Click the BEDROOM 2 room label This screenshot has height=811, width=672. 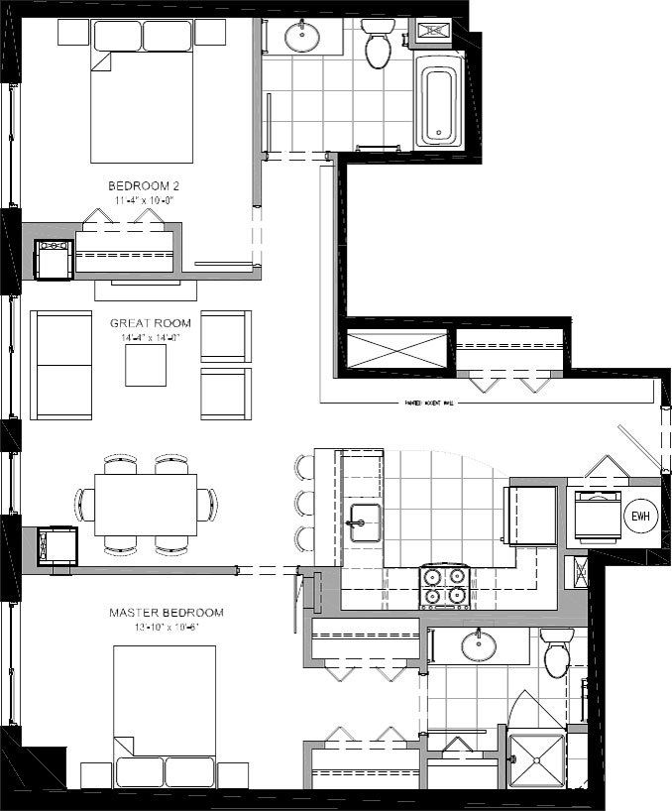tap(145, 185)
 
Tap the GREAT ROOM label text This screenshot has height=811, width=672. tap(145, 323)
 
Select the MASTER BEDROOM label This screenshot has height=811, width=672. tap(166, 613)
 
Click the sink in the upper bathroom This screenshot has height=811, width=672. tap(302, 38)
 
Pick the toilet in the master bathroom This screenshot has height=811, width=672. tap(556, 654)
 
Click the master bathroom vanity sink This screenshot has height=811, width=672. tap(478, 645)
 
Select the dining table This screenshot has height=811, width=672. tap(145, 504)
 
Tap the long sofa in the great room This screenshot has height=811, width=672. tap(61, 365)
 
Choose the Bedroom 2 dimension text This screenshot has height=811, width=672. tap(145, 200)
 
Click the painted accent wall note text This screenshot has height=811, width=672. tap(428, 404)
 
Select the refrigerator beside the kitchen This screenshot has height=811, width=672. tap(531, 514)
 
